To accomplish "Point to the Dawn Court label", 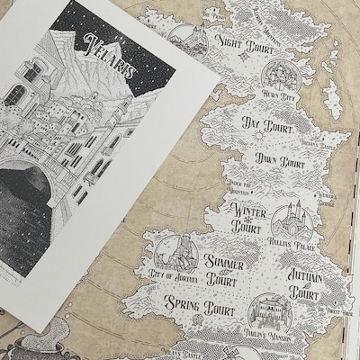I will [x=279, y=163].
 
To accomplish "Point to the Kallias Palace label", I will [x=290, y=242].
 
